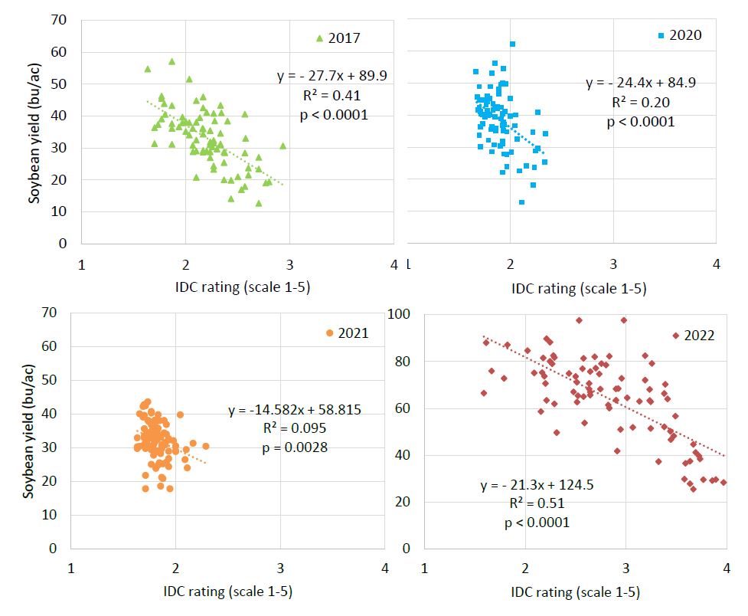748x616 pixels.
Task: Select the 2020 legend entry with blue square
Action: click(679, 35)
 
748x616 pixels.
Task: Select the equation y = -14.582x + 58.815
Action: click(294, 411)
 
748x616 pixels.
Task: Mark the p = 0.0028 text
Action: click(294, 447)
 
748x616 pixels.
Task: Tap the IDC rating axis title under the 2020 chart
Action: click(579, 289)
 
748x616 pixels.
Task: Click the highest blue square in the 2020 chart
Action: click(512, 44)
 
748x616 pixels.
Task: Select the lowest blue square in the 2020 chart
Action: click(521, 202)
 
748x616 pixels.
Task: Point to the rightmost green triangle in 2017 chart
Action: click(283, 146)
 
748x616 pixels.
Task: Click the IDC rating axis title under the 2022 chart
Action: click(575, 591)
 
